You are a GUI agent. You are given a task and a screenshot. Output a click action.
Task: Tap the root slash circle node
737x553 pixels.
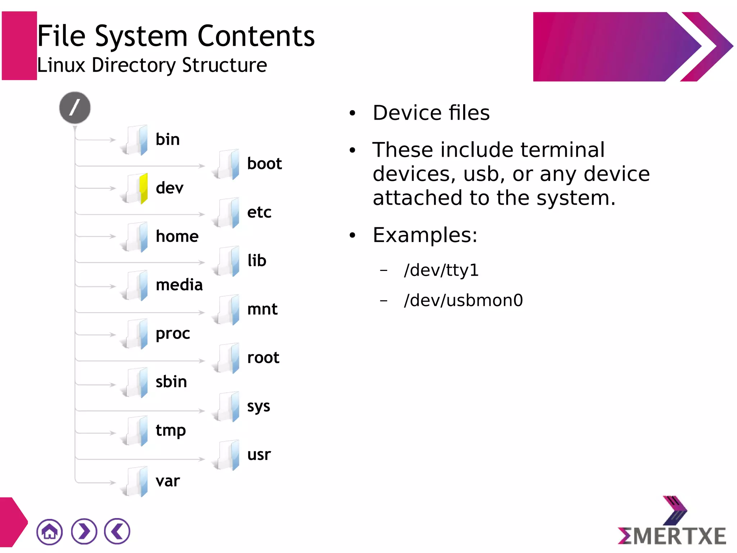click(75, 108)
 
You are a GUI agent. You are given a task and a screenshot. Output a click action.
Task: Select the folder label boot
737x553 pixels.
click(264, 164)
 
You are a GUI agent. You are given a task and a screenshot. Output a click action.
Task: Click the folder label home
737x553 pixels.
click(177, 237)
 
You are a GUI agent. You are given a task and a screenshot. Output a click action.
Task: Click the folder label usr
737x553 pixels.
click(259, 455)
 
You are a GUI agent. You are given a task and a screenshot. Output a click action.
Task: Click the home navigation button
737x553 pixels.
click(49, 531)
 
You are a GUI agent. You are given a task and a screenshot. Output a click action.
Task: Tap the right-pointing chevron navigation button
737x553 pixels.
click(84, 531)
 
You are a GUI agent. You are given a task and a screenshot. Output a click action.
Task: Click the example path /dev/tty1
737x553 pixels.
click(441, 270)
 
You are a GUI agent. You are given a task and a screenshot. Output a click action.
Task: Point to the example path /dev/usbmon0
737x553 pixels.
click(463, 300)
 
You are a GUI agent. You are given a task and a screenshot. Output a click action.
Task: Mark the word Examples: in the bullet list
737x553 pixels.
click(425, 235)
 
